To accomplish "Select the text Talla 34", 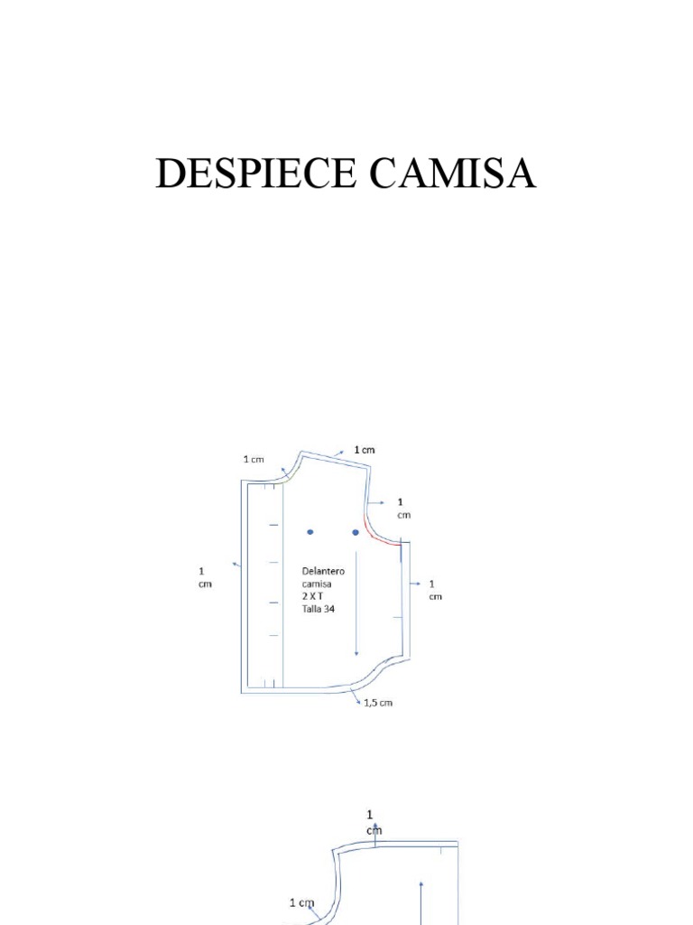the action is point(317,610).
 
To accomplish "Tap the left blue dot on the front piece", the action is point(310,532).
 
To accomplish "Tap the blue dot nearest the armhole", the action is point(356,532).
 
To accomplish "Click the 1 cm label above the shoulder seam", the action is point(365,449).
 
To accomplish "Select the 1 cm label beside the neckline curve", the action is point(254,459).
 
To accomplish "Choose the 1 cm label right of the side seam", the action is point(434,589).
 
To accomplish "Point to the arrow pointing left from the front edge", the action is point(236,565).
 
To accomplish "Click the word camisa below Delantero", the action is point(317,584).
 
